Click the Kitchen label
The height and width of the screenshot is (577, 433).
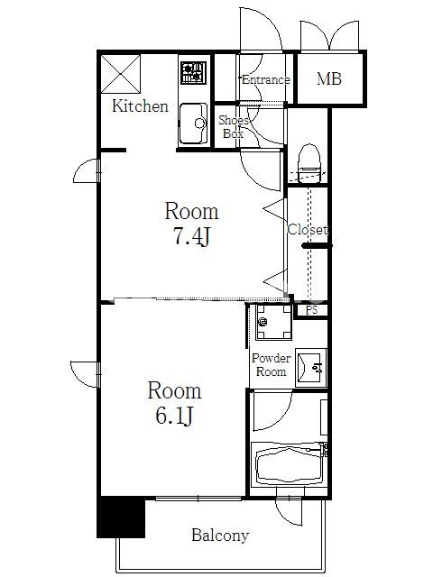(x=140, y=106)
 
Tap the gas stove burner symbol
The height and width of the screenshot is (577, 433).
(x=193, y=73)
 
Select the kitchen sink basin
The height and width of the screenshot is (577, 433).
(x=193, y=124)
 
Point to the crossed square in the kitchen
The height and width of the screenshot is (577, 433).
(x=121, y=74)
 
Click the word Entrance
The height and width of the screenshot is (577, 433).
(x=265, y=79)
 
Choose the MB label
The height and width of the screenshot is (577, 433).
(x=329, y=78)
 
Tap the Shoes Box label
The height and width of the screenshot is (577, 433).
(x=234, y=127)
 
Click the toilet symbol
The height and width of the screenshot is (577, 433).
(x=309, y=163)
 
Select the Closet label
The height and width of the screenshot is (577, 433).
(x=308, y=230)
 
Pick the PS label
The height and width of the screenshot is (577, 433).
(x=311, y=310)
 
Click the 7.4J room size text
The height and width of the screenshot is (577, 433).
(x=191, y=236)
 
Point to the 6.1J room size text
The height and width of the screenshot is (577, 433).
(x=174, y=417)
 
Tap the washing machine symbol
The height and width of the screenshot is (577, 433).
(x=274, y=323)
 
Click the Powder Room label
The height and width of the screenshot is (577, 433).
(x=271, y=364)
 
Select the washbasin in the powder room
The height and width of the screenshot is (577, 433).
(x=310, y=368)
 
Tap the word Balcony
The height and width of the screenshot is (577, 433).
(x=220, y=535)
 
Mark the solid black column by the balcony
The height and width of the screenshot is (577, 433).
(x=121, y=517)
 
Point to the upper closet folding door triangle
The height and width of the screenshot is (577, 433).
(x=274, y=209)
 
